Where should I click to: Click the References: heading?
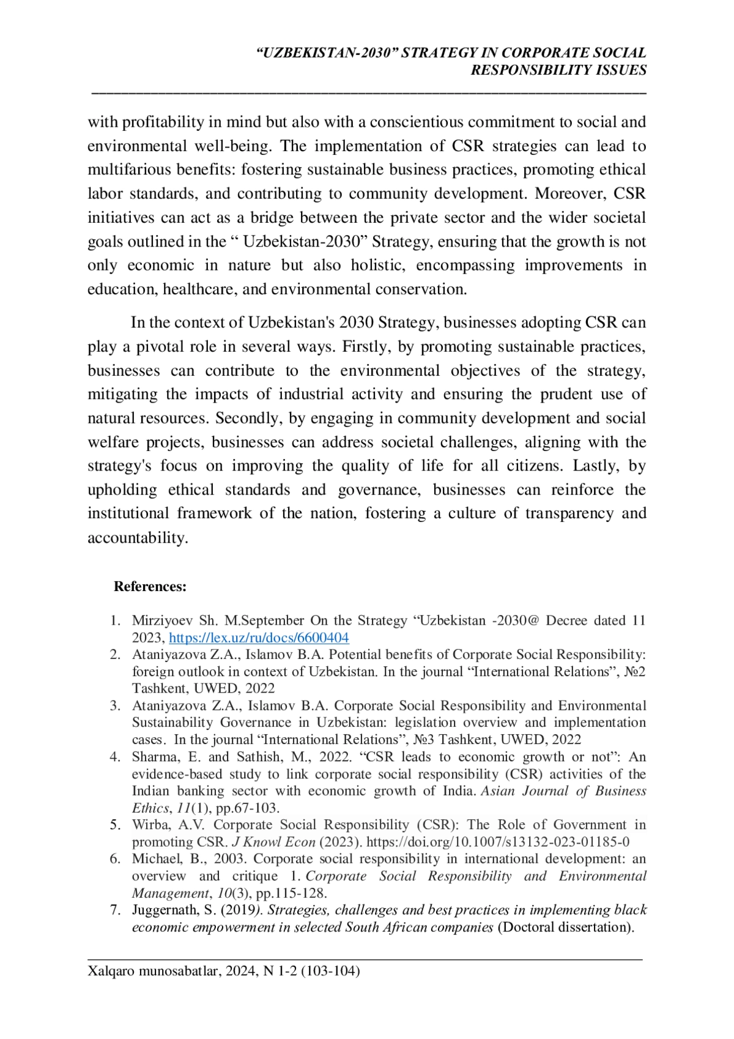[x=150, y=586]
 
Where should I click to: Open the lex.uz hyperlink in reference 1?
[x=259, y=638]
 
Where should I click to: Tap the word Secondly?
[x=250, y=418]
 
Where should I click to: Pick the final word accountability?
[x=137, y=538]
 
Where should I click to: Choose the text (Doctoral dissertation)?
[x=566, y=927]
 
